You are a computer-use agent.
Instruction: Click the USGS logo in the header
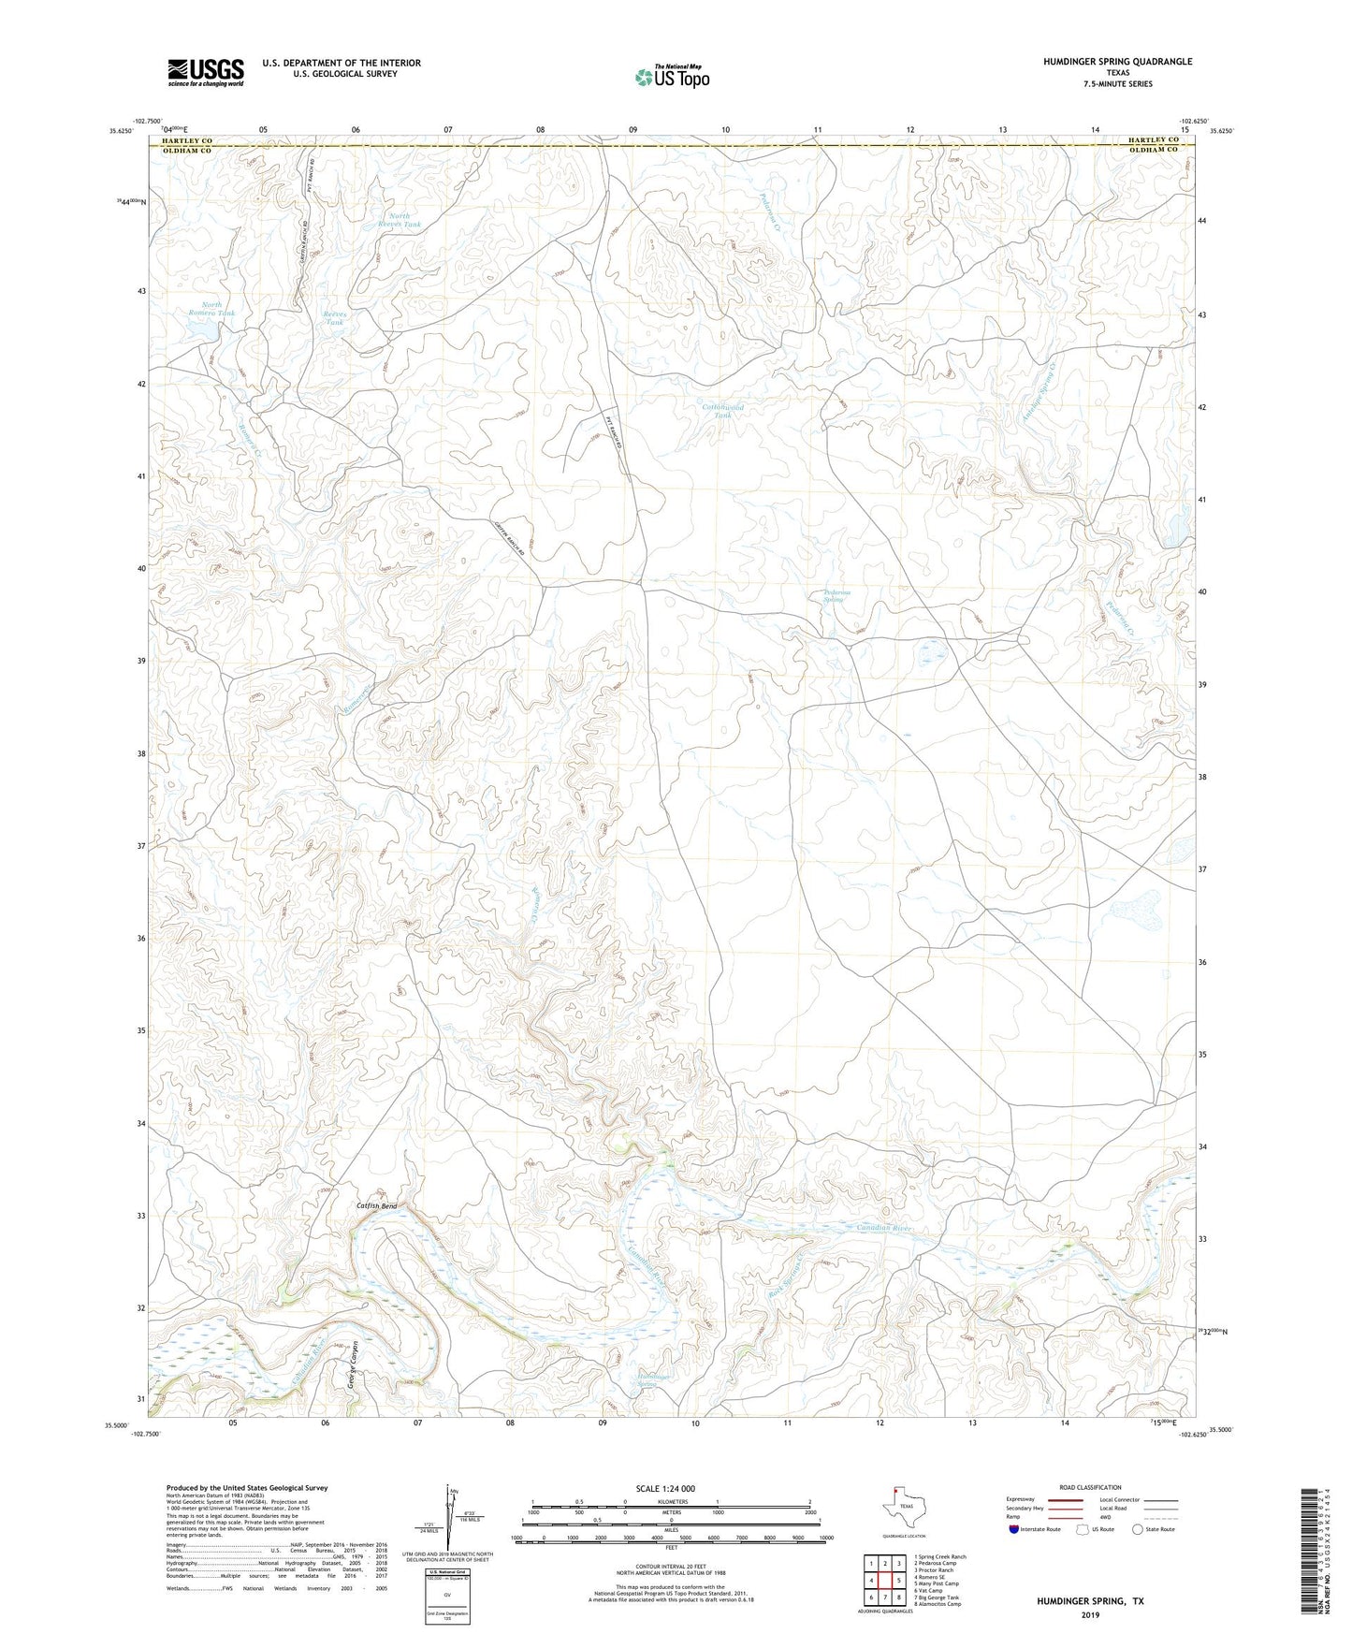pos(206,72)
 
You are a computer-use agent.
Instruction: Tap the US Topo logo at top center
pos(671,77)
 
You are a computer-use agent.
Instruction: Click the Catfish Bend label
pos(376,1206)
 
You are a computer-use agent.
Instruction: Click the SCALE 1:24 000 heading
pos(664,1488)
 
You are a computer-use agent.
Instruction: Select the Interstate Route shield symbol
pos(1016,1529)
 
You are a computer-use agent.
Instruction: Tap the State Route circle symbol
pos(1137,1529)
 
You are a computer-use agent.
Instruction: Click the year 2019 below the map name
pos(1089,1614)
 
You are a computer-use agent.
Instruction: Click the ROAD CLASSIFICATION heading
pos(1090,1487)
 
